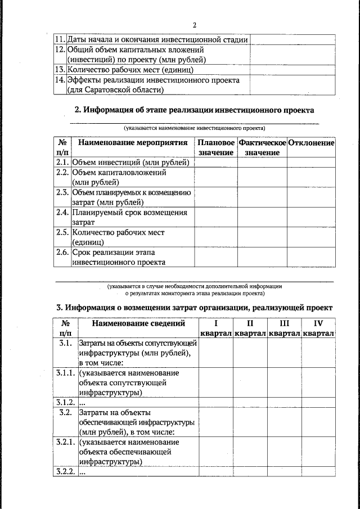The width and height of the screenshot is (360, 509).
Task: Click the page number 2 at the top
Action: pos(194,25)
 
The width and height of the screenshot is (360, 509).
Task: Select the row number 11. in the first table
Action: pos(60,40)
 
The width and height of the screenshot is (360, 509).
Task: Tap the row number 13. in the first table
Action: pos(60,70)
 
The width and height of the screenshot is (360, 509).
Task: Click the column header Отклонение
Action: pos(311,143)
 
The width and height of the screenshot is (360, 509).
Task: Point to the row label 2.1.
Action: pos(62,163)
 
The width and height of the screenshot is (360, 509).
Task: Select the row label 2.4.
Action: pos(62,213)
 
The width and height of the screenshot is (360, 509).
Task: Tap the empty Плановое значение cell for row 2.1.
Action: pos(215,163)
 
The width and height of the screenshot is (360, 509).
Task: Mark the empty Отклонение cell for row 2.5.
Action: pos(311,237)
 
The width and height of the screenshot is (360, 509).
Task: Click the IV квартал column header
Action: pos(318,328)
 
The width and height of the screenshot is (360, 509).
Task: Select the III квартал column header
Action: pos(284,328)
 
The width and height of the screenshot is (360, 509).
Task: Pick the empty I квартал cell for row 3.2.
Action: pos(216,422)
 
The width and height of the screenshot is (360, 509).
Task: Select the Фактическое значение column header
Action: pos(262,148)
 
